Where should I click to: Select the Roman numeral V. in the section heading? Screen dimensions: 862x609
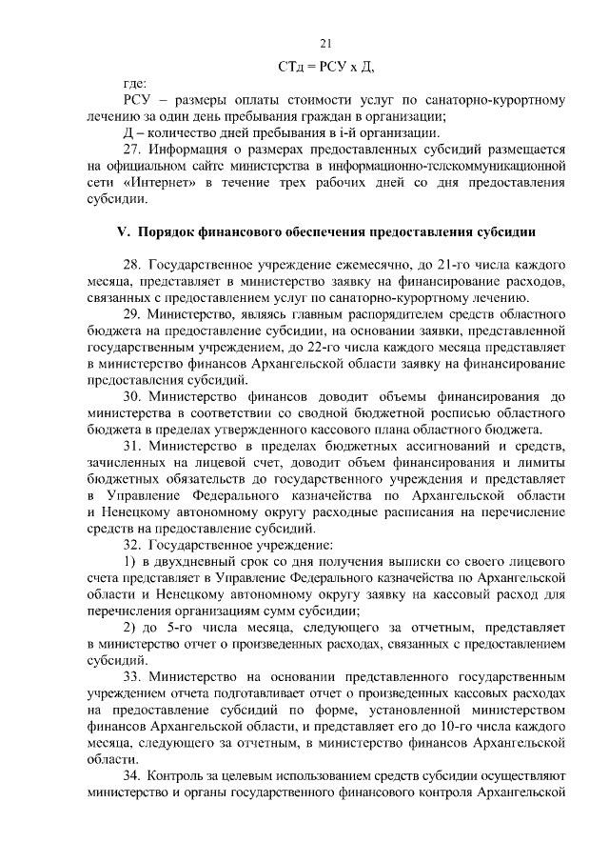click(122, 231)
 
